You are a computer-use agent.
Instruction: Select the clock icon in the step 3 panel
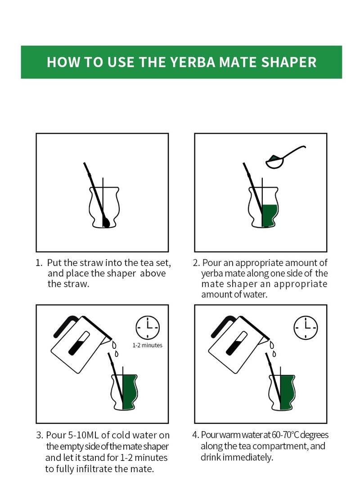pyautogui.click(x=148, y=328)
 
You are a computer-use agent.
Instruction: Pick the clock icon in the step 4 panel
pyautogui.click(x=306, y=328)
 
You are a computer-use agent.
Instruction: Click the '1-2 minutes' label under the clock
pyautogui.click(x=148, y=345)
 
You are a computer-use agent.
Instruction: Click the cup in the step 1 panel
pyautogui.click(x=104, y=207)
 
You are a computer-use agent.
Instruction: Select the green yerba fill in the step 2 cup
pyautogui.click(x=269, y=216)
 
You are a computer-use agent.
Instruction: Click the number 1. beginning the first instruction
pyautogui.click(x=39, y=263)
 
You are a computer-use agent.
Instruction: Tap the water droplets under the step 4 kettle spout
pyautogui.click(x=273, y=349)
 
